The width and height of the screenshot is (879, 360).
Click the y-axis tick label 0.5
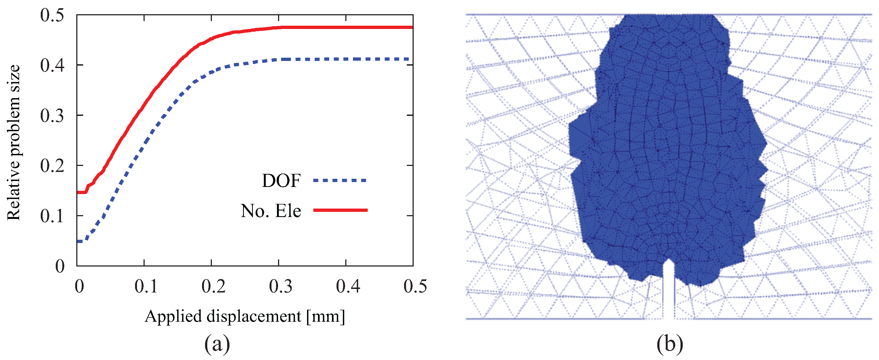point(52,16)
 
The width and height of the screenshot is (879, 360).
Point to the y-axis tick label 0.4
point(52,65)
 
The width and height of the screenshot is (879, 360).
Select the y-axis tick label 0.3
point(52,116)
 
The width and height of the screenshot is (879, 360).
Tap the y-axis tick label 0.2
point(52,166)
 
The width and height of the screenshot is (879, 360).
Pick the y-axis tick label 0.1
point(52,216)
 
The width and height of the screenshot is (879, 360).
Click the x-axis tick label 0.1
point(146,286)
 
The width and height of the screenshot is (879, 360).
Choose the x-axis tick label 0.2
point(213,286)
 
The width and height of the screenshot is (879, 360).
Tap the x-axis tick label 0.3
point(280,286)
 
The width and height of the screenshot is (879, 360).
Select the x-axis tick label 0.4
point(348,286)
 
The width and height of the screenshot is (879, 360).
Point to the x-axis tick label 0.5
point(415,286)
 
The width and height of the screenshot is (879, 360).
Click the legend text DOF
point(281,181)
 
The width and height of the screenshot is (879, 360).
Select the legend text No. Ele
point(271,211)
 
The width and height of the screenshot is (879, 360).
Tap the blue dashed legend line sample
point(340,180)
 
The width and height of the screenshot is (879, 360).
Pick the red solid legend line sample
point(340,210)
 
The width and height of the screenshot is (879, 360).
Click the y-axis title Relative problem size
point(14,143)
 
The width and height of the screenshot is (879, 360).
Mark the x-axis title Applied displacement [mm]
point(245,316)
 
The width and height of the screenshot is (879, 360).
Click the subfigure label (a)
point(217,344)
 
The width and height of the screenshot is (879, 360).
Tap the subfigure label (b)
point(670,344)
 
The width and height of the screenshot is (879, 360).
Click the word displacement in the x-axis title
point(254,316)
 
